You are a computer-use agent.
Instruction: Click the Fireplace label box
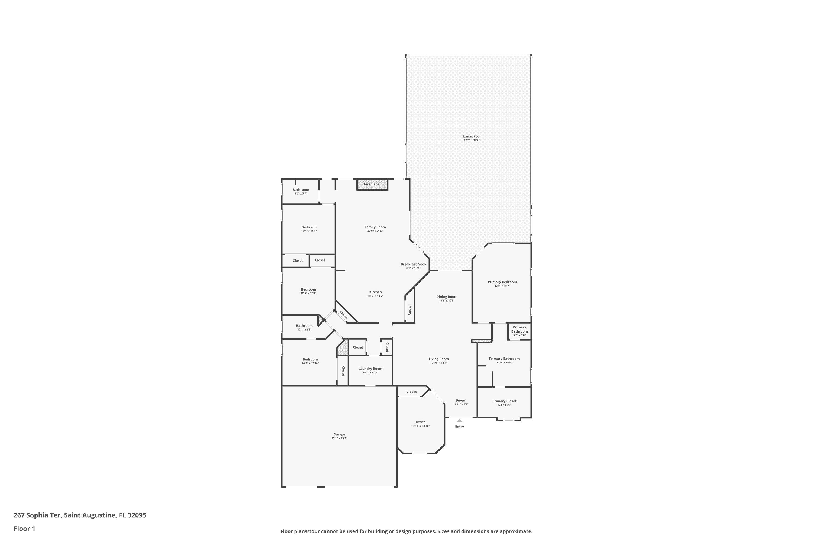[372, 185]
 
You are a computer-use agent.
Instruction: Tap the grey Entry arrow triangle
[459, 421]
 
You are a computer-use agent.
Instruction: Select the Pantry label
[410, 310]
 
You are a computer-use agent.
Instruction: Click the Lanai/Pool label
[472, 137]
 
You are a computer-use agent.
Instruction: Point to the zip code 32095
[137, 515]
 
